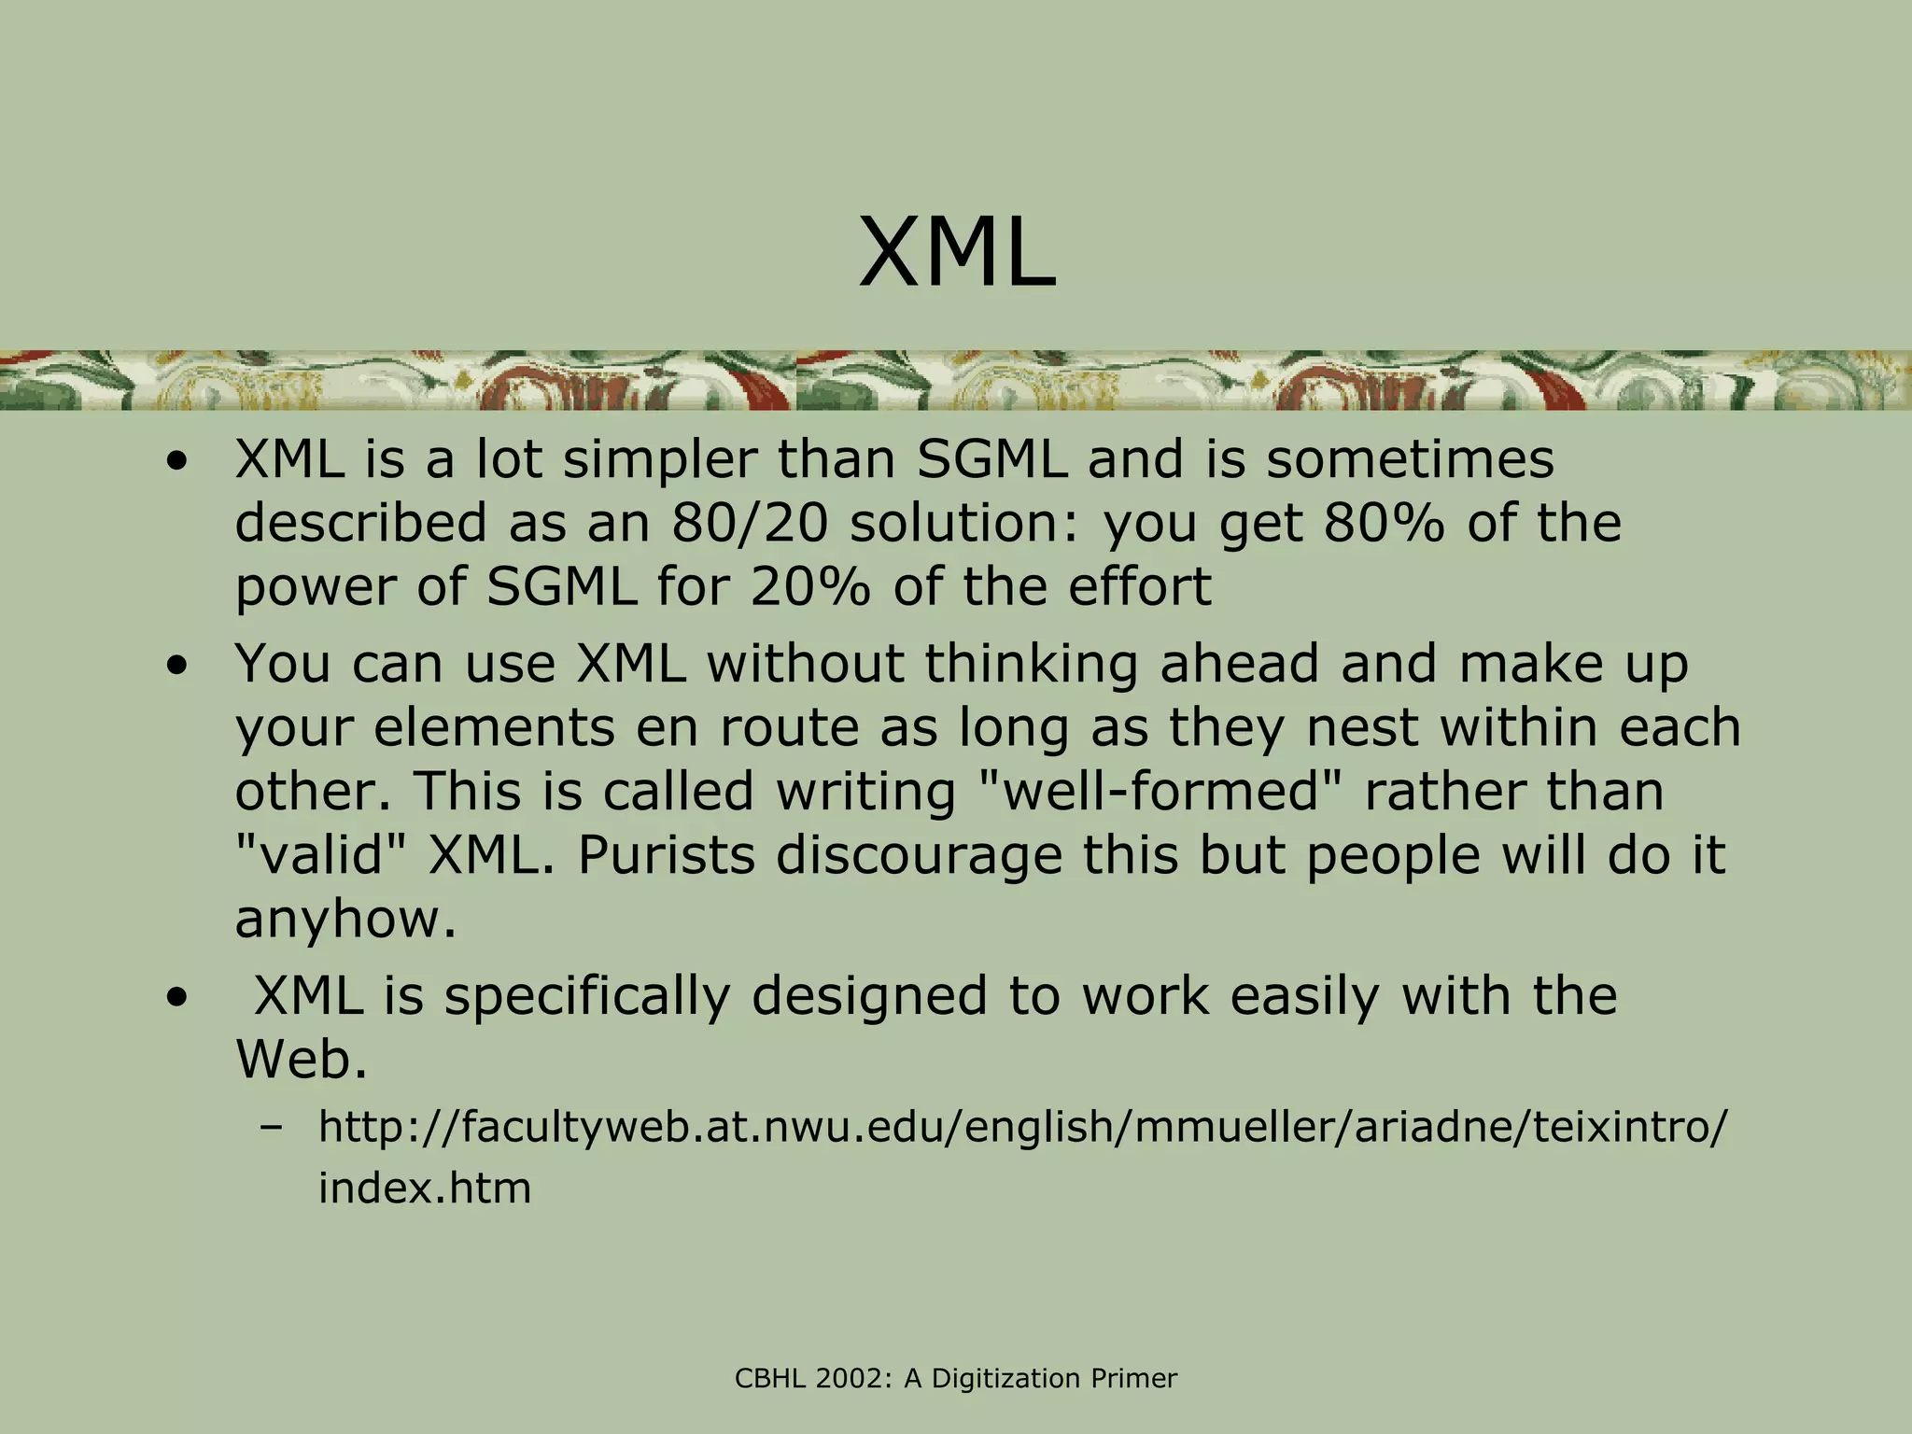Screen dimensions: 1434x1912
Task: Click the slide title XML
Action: pyautogui.click(x=957, y=253)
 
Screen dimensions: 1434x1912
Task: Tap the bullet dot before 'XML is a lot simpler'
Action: pyautogui.click(x=176, y=462)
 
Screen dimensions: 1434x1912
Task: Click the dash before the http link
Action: pyautogui.click(x=272, y=1129)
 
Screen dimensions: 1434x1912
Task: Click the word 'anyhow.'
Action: pyautogui.click(x=345, y=920)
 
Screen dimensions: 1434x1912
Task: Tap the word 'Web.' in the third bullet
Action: pyautogui.click(x=301, y=1060)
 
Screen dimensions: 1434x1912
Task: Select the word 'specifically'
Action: pyautogui.click(x=587, y=996)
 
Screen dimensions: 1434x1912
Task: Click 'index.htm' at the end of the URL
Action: pyautogui.click(x=425, y=1188)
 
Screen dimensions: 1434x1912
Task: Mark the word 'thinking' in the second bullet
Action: pyautogui.click(x=1032, y=664)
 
